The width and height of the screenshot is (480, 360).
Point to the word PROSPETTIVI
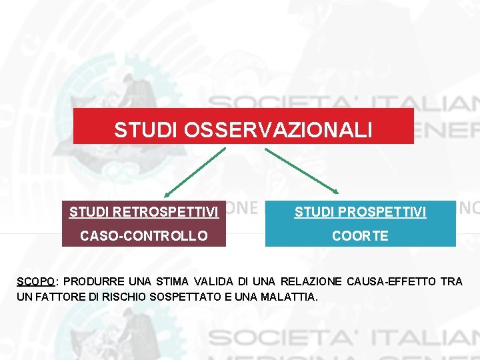point(387,213)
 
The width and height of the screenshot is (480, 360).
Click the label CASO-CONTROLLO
point(144,236)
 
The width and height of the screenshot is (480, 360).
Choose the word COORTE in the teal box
point(360,236)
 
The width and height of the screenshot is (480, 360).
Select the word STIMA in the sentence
point(174,281)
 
